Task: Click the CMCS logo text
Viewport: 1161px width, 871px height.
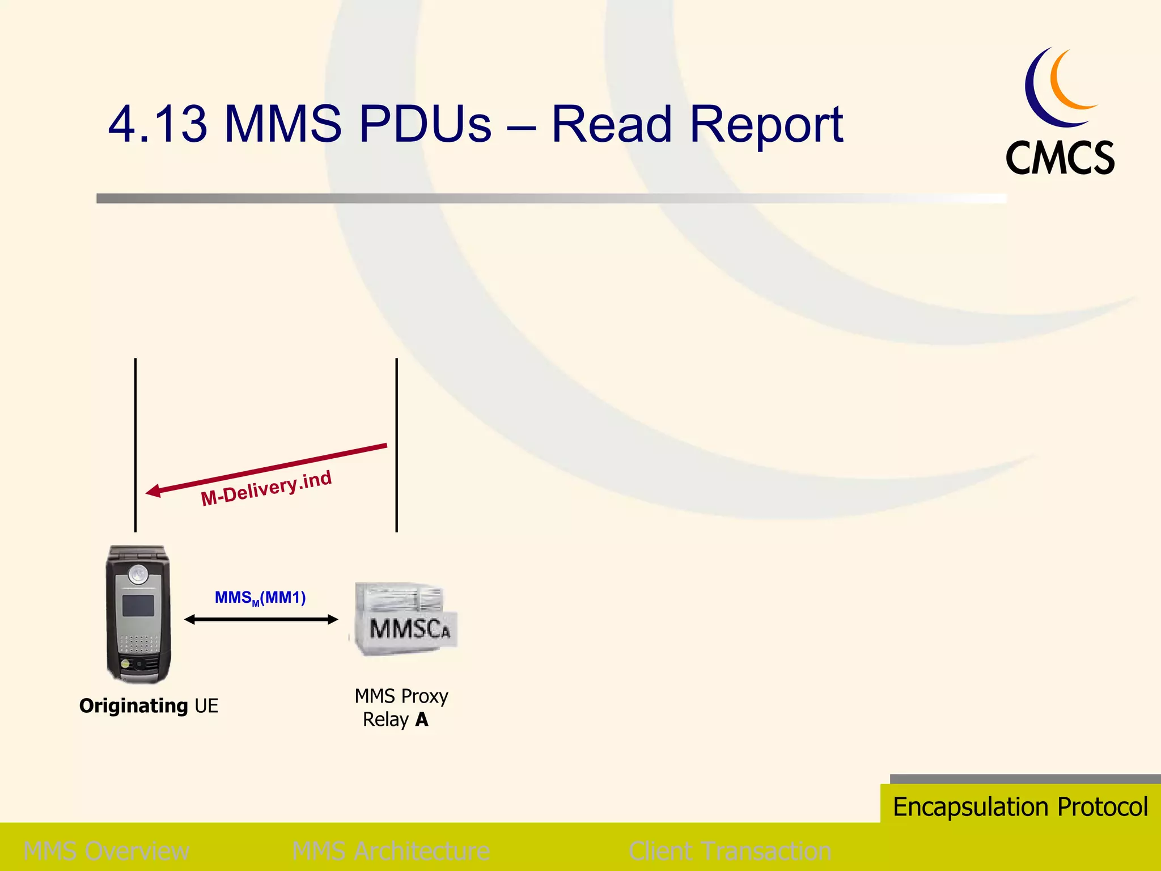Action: click(x=1060, y=158)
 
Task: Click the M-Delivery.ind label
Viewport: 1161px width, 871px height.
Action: click(x=266, y=488)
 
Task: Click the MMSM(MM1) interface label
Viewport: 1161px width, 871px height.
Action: click(x=260, y=598)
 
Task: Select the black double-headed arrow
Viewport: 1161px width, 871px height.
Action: click(x=261, y=620)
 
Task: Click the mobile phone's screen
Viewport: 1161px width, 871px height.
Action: click(x=138, y=606)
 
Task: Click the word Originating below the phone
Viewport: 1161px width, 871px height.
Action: click(x=134, y=706)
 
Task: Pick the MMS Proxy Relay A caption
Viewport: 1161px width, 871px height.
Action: click(x=400, y=708)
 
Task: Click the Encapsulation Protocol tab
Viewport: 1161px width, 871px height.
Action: click(x=1020, y=806)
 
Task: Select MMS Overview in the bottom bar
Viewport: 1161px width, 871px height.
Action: click(x=107, y=851)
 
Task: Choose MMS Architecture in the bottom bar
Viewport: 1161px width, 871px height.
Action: click(x=391, y=851)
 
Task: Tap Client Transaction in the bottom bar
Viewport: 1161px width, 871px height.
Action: click(x=730, y=851)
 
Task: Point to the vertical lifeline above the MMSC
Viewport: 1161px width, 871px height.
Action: click(x=397, y=397)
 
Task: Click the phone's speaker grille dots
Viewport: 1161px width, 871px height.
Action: click(x=139, y=644)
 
